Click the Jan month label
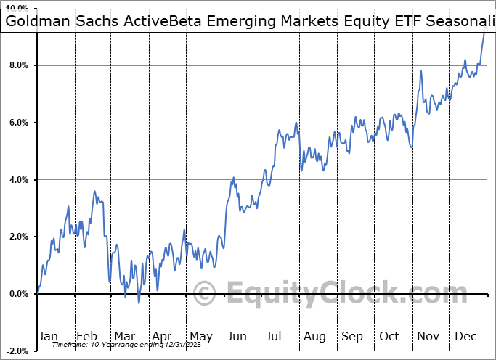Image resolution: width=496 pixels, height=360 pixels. [x=48, y=336]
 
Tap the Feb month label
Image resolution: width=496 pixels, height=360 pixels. [x=86, y=336]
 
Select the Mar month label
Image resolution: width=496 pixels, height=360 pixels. [x=124, y=336]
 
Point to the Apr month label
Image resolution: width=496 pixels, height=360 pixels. [x=161, y=336]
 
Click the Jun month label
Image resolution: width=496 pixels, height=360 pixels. [x=237, y=336]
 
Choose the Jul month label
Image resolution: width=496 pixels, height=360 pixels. [x=275, y=336]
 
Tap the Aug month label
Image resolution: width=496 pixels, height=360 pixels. [x=314, y=336]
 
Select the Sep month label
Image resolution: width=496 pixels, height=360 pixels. [x=352, y=336]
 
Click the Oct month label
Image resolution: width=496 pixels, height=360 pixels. [x=389, y=336]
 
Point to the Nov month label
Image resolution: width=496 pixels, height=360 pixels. [x=428, y=336]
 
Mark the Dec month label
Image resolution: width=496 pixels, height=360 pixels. [x=466, y=336]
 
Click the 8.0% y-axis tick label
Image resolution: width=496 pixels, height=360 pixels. [x=17, y=65]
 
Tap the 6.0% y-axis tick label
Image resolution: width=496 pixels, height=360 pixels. [x=17, y=123]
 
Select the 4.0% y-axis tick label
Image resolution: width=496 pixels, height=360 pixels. [x=17, y=180]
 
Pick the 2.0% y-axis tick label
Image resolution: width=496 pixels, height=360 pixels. [x=17, y=237]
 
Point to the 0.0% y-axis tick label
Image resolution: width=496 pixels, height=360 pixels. [x=17, y=294]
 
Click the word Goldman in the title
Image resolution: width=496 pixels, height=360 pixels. [x=36, y=22]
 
